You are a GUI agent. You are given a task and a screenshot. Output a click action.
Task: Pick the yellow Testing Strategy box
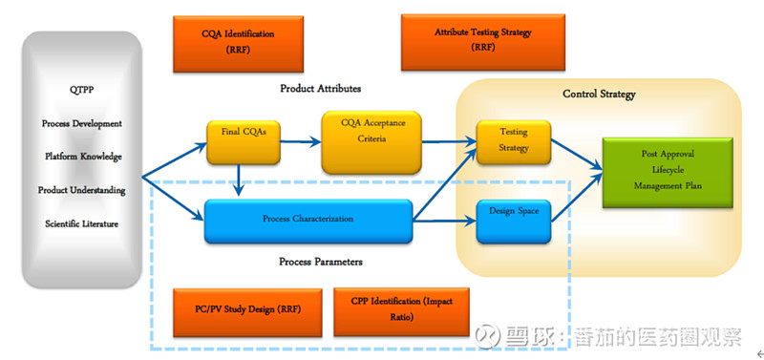[x=514, y=141]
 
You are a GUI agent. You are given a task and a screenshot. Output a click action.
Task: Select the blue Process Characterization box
[x=308, y=221]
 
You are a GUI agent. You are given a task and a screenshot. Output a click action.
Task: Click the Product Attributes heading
[x=320, y=89]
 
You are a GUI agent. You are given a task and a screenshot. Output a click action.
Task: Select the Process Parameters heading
[x=320, y=261]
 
